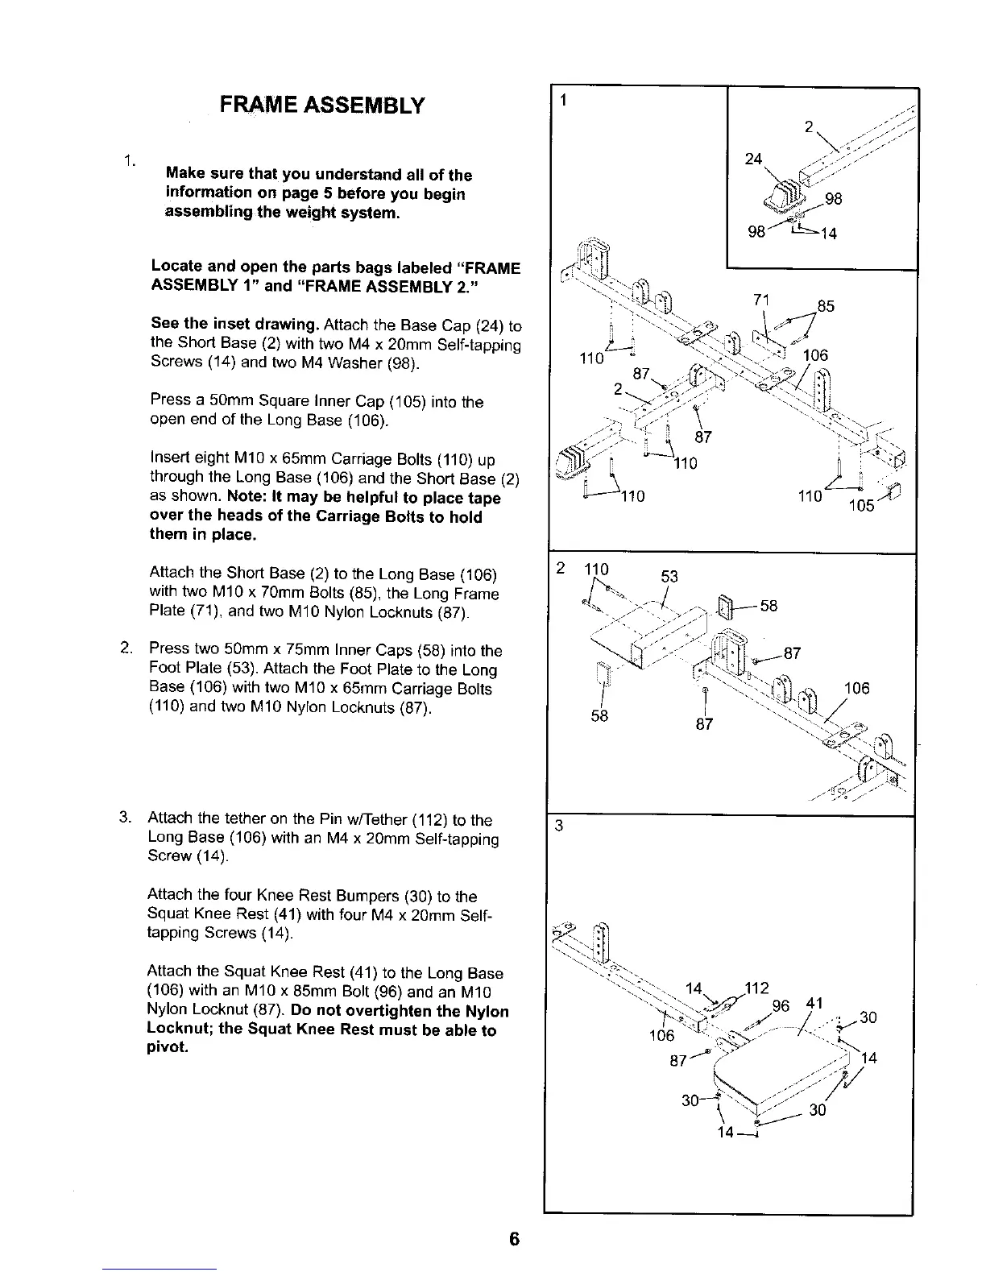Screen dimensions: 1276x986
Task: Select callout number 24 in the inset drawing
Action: [x=753, y=159]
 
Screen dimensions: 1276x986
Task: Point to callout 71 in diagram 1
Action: [x=761, y=300]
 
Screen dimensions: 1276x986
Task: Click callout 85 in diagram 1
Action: [x=825, y=306]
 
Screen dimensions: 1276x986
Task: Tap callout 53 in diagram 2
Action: [x=669, y=576]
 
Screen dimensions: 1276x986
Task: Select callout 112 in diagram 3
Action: [x=758, y=988]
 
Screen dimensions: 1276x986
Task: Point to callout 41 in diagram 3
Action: [x=814, y=1003]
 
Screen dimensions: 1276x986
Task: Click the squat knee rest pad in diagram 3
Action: [x=781, y=1063]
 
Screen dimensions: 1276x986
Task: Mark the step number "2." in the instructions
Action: [x=126, y=649]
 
